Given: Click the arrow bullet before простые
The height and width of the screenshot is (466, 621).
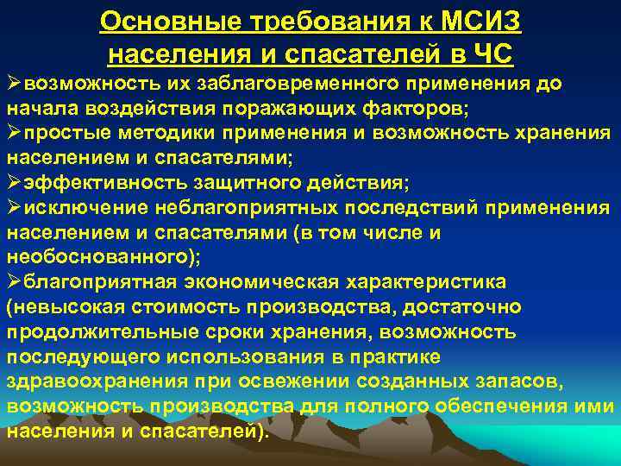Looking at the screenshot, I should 14,134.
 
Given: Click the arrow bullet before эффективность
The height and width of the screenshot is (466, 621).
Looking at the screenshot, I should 14,184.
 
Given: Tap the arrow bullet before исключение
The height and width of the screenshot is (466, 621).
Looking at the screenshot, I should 14,208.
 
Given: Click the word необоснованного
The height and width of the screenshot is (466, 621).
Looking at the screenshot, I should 97,258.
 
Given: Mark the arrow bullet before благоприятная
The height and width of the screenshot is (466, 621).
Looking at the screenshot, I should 14,282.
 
